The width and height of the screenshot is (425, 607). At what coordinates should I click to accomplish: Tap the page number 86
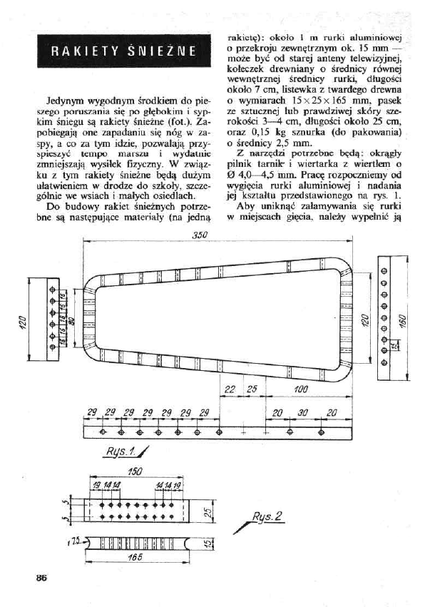coord(32,578)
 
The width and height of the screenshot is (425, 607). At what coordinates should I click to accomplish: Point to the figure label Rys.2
coord(268,516)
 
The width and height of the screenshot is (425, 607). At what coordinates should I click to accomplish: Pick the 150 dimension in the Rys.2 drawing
coord(133,471)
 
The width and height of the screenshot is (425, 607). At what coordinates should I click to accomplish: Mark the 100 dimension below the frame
coord(299,389)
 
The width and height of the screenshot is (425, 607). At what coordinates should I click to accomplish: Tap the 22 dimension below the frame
coord(230,389)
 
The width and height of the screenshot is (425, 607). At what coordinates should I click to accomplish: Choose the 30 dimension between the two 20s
coord(303,413)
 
